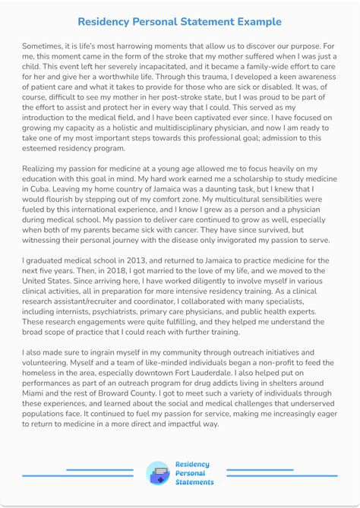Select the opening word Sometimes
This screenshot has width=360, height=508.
tap(46, 47)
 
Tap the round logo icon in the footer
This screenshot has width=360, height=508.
tap(159, 473)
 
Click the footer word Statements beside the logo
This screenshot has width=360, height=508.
tap(194, 482)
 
